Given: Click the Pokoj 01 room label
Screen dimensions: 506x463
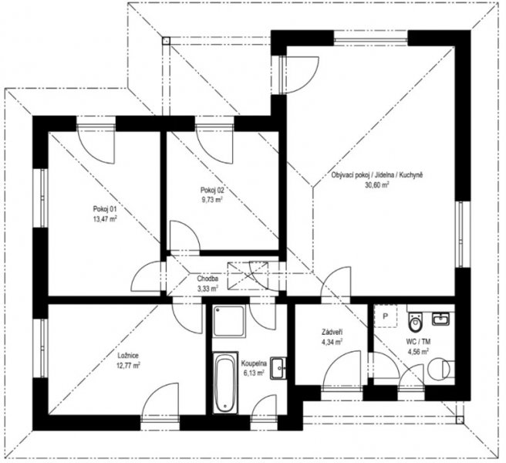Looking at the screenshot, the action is click(105, 208).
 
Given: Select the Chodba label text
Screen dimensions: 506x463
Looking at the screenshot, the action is click(207, 279).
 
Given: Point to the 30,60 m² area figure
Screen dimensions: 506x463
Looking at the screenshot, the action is click(377, 185).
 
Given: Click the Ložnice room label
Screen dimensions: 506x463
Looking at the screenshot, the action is click(128, 356).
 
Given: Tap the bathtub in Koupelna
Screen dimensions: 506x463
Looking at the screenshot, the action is click(225, 383).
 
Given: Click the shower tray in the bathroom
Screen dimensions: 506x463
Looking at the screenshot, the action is click(229, 321).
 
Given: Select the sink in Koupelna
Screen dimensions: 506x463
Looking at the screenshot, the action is click(278, 368).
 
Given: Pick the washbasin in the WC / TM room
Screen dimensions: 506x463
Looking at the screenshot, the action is click(440, 319).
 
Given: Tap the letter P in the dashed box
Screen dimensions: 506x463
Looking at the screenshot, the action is click(386, 316).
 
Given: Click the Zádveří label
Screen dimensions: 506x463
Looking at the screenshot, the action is click(332, 332).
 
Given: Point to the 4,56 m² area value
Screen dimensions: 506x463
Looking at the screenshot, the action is click(418, 351).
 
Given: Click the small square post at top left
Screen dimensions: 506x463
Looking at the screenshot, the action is click(166, 40).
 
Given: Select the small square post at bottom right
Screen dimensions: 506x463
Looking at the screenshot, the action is click(459, 420).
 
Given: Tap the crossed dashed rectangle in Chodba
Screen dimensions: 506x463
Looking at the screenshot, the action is click(248, 275).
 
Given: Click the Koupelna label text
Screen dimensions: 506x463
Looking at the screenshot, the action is click(254, 363).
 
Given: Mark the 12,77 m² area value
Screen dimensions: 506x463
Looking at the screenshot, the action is click(128, 366).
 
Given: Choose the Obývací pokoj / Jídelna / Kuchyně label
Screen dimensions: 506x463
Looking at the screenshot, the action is click(377, 175).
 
